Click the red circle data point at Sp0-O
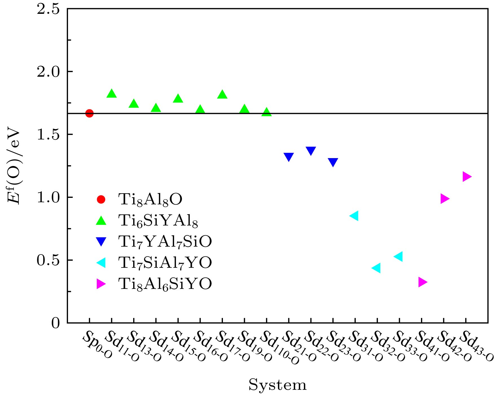[89, 113]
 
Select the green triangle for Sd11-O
[111, 94]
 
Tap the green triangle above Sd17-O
[222, 94]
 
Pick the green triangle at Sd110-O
[267, 112]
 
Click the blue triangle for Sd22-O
[311, 151]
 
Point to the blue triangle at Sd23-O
[333, 162]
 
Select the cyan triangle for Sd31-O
[354, 216]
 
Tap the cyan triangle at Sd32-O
[376, 268]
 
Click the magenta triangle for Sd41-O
[422, 282]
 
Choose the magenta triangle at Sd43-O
[467, 177]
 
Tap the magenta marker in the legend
[101, 284]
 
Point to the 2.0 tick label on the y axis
[49, 72]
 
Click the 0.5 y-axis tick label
[49, 260]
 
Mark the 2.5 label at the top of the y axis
[49, 9]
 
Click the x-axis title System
[277, 385]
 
